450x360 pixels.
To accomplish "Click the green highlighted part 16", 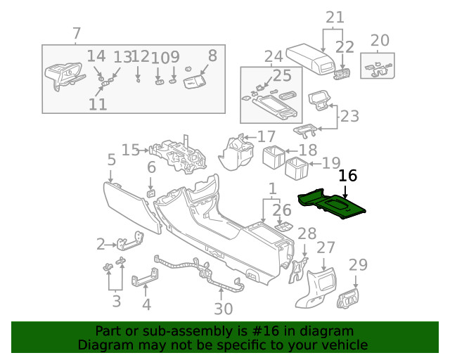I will coord(330,205).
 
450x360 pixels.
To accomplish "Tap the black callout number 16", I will coord(347,176).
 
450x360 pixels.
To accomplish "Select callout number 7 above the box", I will coord(77,33).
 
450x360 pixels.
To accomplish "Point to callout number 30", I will coord(223,309).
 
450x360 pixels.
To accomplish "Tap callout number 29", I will coord(358,265).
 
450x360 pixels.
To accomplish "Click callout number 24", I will coord(273,56).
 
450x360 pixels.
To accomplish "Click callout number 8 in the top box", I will coord(212,56).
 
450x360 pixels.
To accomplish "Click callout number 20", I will coord(379,39).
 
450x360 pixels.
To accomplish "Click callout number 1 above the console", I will coord(271,188).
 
